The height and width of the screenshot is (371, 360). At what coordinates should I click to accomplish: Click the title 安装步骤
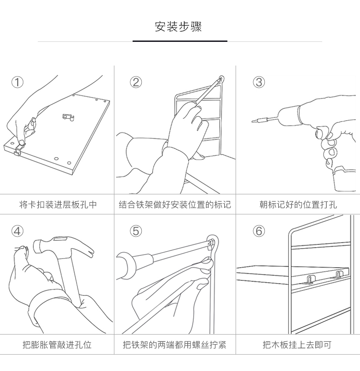click(x=178, y=26)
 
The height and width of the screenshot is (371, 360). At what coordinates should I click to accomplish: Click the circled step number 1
click(x=17, y=82)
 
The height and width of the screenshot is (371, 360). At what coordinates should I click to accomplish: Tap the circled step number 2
click(x=136, y=82)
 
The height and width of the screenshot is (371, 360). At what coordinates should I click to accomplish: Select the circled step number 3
click(x=259, y=82)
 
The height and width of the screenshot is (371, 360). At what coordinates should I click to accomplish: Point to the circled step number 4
click(x=17, y=231)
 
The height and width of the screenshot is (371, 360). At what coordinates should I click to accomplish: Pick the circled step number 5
click(x=136, y=231)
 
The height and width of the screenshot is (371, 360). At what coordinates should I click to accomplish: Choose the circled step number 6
click(x=259, y=231)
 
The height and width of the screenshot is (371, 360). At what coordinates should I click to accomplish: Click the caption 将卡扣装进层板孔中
click(x=58, y=204)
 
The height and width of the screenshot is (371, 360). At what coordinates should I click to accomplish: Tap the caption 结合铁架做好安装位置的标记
click(x=175, y=204)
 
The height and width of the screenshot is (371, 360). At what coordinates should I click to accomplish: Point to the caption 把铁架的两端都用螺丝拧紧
click(x=175, y=345)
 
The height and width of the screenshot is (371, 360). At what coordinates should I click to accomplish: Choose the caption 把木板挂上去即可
click(x=297, y=345)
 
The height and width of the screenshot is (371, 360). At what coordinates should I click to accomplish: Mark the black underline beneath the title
click(x=180, y=41)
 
